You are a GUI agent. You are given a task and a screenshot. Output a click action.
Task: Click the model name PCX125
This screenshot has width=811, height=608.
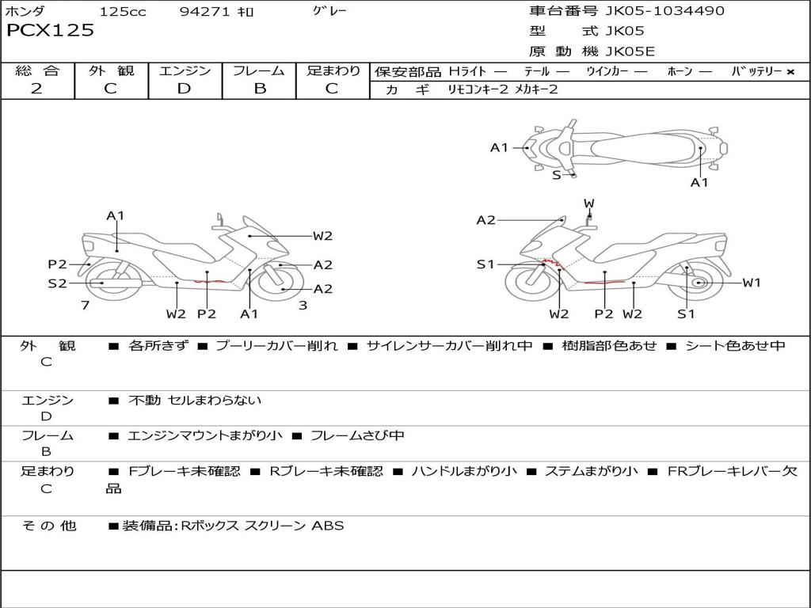point(50,31)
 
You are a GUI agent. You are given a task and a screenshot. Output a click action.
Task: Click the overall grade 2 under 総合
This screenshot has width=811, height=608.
point(36,89)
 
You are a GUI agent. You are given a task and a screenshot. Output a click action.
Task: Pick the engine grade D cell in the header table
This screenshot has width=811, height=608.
point(184,89)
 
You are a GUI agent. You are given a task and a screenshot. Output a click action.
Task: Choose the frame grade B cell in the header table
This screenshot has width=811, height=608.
point(259,89)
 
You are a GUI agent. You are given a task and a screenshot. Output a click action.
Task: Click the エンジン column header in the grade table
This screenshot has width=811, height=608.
point(185,70)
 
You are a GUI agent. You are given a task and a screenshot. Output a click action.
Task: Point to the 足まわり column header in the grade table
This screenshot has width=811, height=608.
point(333,70)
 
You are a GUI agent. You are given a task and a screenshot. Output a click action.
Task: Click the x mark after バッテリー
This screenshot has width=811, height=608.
point(790,72)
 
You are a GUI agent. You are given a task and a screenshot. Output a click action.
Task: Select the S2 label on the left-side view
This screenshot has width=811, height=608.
point(57,283)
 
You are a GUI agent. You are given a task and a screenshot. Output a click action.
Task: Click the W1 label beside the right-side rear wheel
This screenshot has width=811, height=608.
point(751,283)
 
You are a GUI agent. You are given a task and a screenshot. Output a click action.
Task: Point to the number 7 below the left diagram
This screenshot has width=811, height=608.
point(85,305)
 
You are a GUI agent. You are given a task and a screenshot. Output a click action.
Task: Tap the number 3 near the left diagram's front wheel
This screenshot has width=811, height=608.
point(303,305)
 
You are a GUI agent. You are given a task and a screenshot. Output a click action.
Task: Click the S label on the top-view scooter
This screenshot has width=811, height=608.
point(556,175)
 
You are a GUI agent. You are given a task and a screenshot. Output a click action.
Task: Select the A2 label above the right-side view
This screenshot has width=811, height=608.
point(485,220)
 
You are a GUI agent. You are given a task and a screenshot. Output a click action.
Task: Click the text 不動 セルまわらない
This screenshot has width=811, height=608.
point(195,401)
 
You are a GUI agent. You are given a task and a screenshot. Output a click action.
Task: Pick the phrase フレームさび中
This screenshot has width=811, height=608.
point(357,435)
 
